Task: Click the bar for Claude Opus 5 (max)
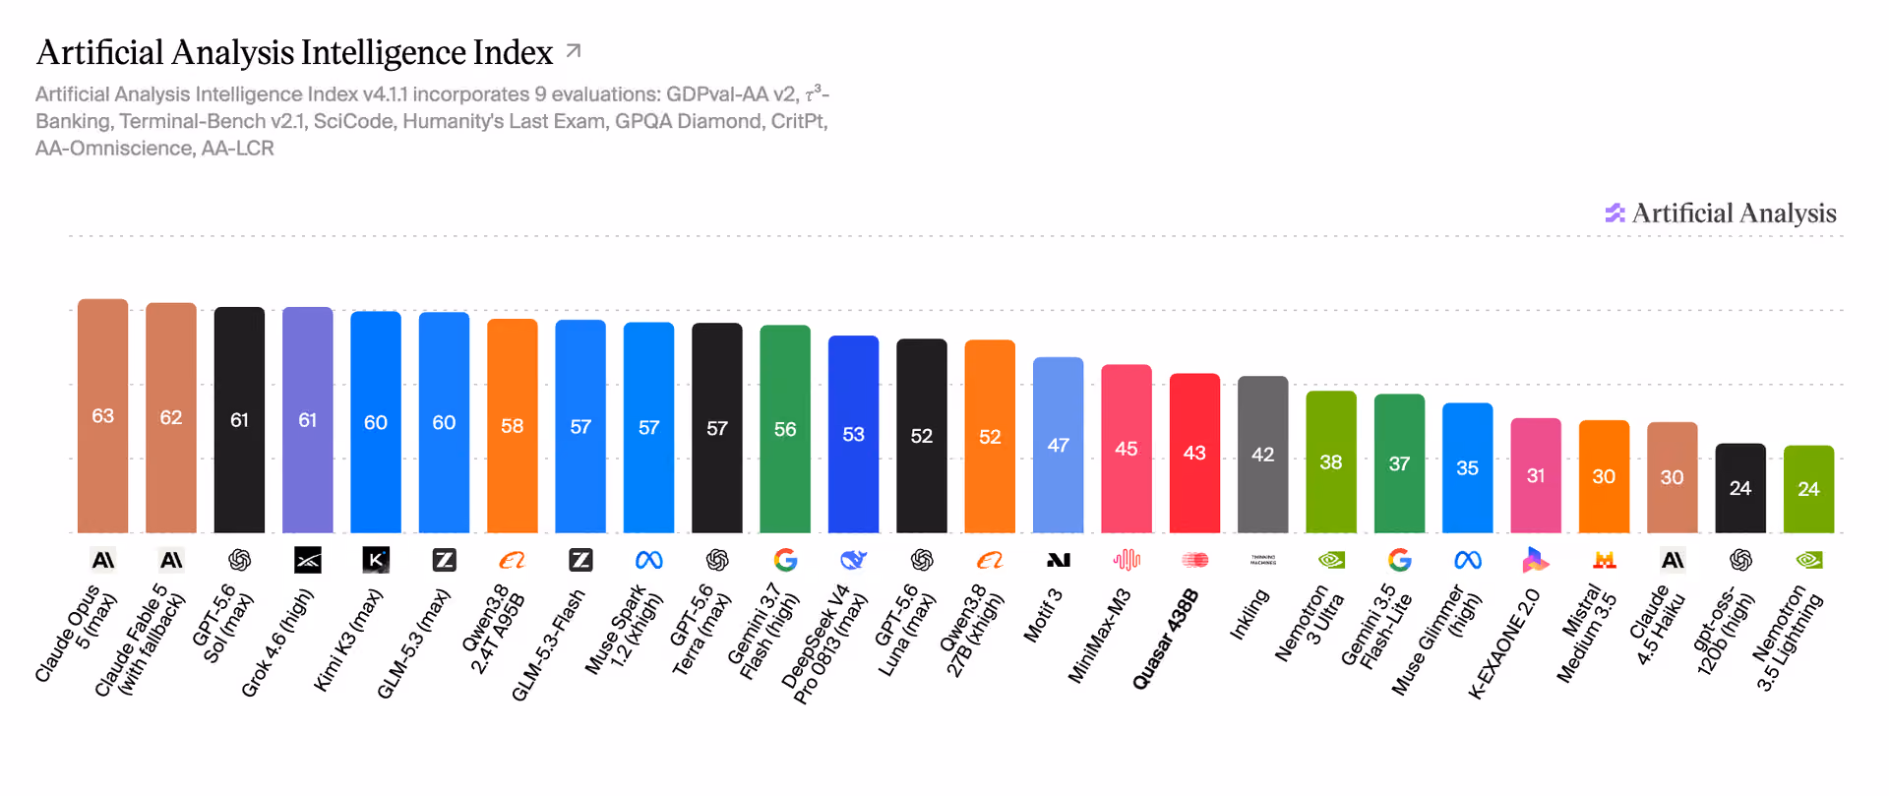tap(102, 415)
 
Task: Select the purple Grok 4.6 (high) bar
tap(308, 420)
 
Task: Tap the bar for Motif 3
tap(1059, 445)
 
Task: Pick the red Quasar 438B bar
tap(1194, 453)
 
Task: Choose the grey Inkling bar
tap(1263, 455)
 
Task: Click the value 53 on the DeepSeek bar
tap(853, 434)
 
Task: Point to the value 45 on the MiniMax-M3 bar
tap(1127, 449)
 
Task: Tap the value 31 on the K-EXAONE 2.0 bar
tap(1536, 475)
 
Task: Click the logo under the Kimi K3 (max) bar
tap(376, 560)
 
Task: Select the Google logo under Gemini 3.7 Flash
tap(785, 560)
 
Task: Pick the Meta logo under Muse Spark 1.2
tap(649, 560)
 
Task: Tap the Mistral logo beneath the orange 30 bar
tap(1605, 560)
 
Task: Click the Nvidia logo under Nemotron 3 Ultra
tap(1331, 560)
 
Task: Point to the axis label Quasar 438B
tap(1166, 639)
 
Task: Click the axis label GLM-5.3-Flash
tap(548, 645)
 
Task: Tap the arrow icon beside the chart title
tap(574, 50)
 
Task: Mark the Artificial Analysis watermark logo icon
tap(1615, 213)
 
